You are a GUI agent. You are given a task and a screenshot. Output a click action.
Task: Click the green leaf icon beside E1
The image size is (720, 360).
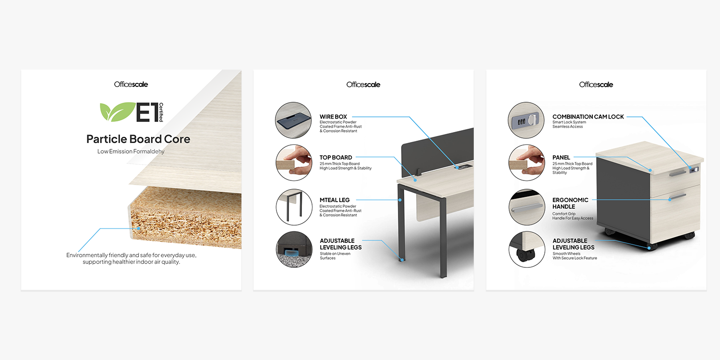(117, 112)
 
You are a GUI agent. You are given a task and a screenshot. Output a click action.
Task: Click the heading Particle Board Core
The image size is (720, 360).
(138, 139)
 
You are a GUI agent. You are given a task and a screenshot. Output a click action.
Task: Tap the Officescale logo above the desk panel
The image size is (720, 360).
(363, 84)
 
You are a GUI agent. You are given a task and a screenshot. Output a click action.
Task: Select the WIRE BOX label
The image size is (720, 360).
(333, 117)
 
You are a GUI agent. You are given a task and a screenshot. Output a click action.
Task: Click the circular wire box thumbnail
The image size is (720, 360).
(293, 120)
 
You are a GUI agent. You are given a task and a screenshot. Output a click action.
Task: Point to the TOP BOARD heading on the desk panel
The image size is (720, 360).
(336, 157)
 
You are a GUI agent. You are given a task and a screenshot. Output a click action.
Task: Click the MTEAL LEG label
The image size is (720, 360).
(334, 200)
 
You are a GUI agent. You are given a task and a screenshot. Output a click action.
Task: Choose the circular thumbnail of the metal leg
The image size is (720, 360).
(294, 207)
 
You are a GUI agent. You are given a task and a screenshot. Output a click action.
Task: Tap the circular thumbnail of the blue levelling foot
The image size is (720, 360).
(294, 250)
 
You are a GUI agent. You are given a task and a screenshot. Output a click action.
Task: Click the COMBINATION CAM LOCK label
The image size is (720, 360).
(588, 117)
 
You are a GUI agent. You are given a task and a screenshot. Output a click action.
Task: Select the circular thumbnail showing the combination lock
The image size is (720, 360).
(526, 120)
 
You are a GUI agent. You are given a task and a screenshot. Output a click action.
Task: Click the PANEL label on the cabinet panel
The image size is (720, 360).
(561, 157)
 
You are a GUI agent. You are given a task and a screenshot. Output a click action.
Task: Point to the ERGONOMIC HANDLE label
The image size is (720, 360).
(570, 203)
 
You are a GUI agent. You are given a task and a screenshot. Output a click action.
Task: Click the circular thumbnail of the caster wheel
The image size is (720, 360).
(527, 250)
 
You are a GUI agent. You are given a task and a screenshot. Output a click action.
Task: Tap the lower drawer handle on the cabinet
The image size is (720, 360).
(678, 196)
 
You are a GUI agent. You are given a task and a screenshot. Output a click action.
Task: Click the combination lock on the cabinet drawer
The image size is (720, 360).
(694, 169)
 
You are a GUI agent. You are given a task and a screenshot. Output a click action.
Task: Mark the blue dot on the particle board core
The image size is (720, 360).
(139, 228)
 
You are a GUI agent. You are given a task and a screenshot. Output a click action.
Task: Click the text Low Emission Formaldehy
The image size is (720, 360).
(131, 151)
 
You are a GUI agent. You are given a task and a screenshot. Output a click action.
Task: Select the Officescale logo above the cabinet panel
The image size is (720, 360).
(596, 84)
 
